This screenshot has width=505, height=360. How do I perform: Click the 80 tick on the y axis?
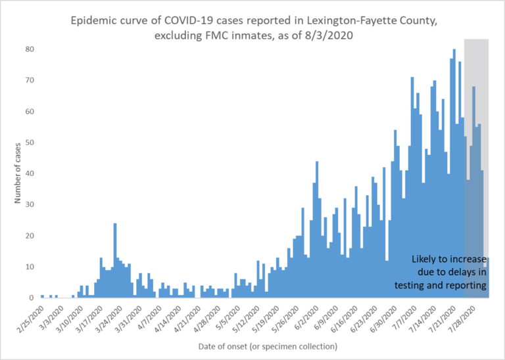click(x=30, y=49)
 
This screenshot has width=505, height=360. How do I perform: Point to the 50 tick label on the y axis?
click(x=30, y=143)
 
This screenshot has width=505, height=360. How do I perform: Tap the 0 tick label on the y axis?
click(x=32, y=298)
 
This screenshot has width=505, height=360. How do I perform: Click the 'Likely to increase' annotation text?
click(x=448, y=259)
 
